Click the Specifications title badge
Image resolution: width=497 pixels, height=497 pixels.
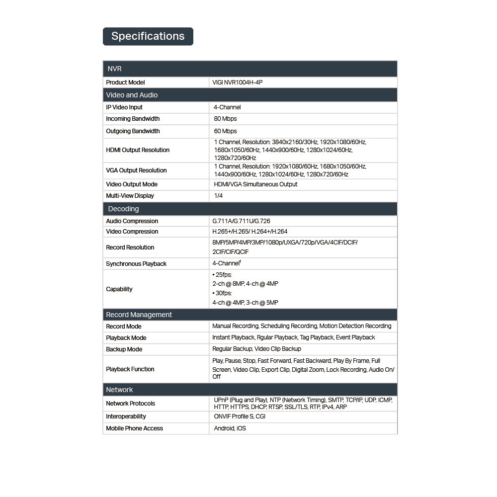pyautogui.click(x=148, y=36)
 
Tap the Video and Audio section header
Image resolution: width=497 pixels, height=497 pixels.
pyautogui.click(x=132, y=95)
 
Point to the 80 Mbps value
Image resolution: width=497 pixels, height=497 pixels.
pyautogui.click(x=225, y=119)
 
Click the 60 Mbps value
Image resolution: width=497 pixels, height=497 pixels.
pyautogui.click(x=225, y=131)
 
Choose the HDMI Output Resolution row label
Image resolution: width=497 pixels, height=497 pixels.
pyautogui.click(x=138, y=150)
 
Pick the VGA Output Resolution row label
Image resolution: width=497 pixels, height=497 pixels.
pyautogui.click(x=136, y=170)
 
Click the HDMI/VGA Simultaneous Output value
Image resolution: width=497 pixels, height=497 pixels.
pyautogui.click(x=255, y=184)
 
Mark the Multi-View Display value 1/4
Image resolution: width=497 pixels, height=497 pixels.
pyautogui.click(x=218, y=196)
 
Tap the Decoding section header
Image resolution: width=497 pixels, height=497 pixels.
pyautogui.click(x=123, y=209)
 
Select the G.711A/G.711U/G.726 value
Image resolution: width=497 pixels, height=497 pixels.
pyautogui.click(x=241, y=221)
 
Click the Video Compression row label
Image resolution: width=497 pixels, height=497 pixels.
pyautogui.click(x=132, y=232)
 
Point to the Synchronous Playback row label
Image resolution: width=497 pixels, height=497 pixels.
pyautogui.click(x=136, y=264)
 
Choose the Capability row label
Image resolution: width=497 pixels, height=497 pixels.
pyautogui.click(x=119, y=289)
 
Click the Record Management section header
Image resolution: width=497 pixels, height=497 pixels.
pyautogui.click(x=139, y=315)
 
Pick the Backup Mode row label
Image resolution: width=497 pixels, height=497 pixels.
pyautogui.click(x=124, y=349)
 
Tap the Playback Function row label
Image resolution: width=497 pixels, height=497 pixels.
pyautogui.click(x=130, y=369)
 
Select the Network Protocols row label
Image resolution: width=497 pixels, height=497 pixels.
pyautogui.click(x=130, y=404)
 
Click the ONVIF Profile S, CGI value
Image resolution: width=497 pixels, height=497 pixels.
pyautogui.click(x=240, y=416)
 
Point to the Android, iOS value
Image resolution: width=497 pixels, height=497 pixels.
pyautogui.click(x=230, y=428)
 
